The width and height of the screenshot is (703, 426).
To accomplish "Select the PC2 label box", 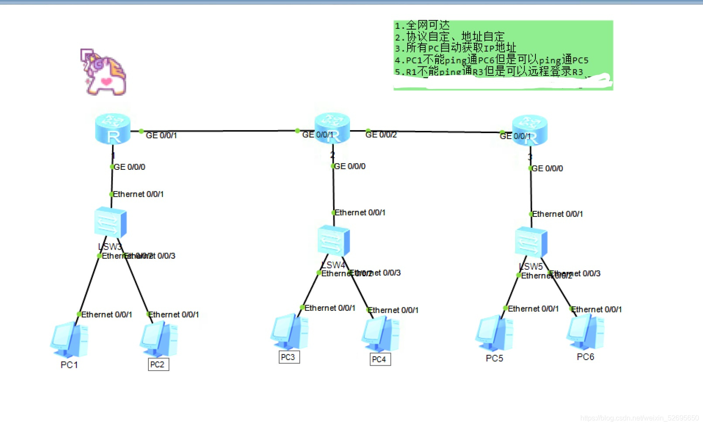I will pos(158,364).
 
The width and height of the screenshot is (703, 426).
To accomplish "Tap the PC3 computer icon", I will pos(290,332).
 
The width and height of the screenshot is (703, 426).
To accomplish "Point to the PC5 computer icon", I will pos(494,333).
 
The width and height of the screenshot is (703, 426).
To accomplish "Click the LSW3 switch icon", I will pos(110,222).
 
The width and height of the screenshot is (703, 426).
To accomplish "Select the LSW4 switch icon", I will pos(334,240).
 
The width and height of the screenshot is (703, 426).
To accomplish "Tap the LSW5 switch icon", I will pos(531,242).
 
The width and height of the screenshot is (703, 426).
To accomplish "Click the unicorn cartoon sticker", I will pos(104,72).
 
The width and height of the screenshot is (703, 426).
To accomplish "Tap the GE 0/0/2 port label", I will pos(381,135).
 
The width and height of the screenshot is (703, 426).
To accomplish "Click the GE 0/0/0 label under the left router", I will pos(130,167).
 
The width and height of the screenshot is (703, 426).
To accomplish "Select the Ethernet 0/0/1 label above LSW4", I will pos(360,213).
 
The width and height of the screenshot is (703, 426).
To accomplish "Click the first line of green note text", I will pos(422,25).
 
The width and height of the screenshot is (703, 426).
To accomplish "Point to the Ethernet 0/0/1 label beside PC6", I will pos(597,309).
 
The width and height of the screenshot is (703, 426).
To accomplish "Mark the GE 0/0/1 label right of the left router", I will pos(161,136).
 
